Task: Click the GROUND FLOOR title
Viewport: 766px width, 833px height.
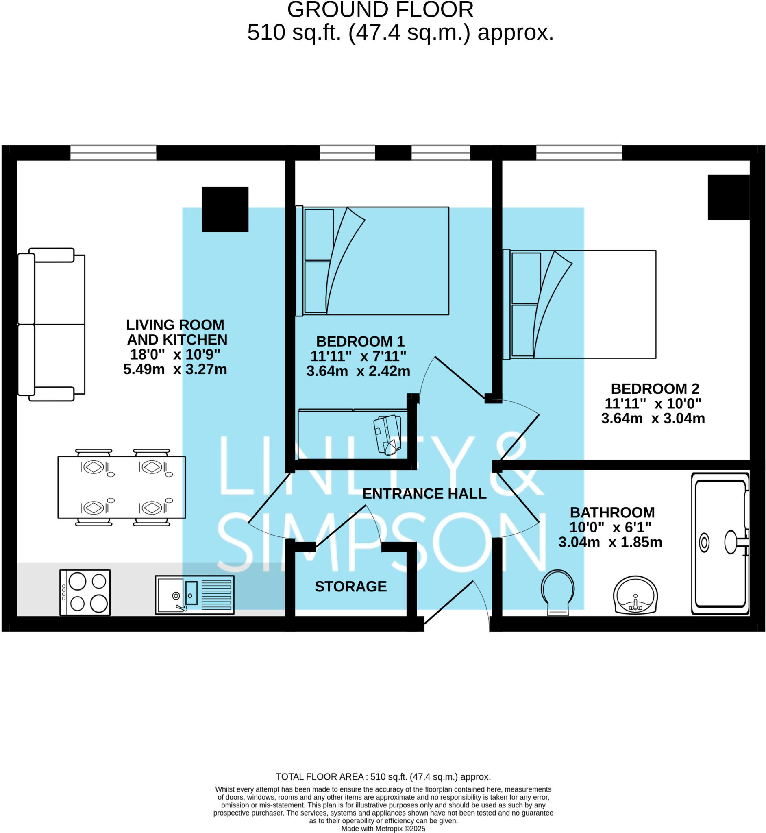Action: (x=380, y=10)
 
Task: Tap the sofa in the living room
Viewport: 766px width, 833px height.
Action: (x=52, y=324)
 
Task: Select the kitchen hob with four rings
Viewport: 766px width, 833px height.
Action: (x=85, y=592)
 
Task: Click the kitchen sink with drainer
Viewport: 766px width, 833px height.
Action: (x=194, y=595)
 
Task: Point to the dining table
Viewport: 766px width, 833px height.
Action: (x=122, y=487)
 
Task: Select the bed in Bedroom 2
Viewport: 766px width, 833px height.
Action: (x=579, y=304)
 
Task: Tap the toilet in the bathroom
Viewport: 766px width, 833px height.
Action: (x=557, y=593)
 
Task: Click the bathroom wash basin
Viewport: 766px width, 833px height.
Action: (x=635, y=595)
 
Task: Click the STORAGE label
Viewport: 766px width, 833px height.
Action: (x=350, y=586)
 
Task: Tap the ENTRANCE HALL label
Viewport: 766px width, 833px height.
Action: (x=424, y=493)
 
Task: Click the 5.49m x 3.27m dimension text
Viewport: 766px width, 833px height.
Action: (x=175, y=369)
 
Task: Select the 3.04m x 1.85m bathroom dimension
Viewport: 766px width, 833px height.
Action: (x=610, y=542)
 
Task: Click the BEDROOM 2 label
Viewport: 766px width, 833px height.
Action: (x=655, y=388)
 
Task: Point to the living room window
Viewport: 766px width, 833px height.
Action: (x=113, y=153)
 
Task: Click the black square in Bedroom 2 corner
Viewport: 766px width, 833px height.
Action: (x=728, y=197)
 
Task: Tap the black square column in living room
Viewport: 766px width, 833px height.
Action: (x=225, y=209)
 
